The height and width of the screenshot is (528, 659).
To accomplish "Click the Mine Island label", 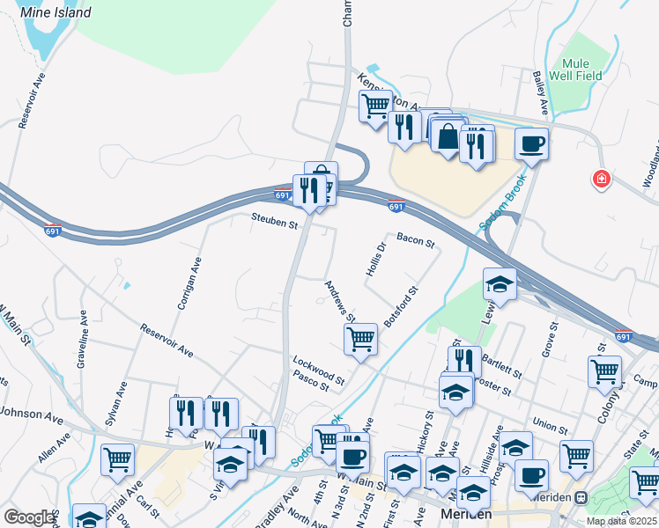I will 57,12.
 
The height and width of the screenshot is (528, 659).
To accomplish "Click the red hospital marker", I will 602,180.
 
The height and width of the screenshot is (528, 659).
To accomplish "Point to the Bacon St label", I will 416,239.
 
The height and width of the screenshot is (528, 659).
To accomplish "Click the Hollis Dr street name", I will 376,259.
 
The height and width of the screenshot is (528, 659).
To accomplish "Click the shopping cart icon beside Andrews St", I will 360,338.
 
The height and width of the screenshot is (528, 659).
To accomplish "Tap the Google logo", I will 29,517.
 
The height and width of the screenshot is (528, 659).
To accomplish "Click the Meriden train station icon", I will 581,497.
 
